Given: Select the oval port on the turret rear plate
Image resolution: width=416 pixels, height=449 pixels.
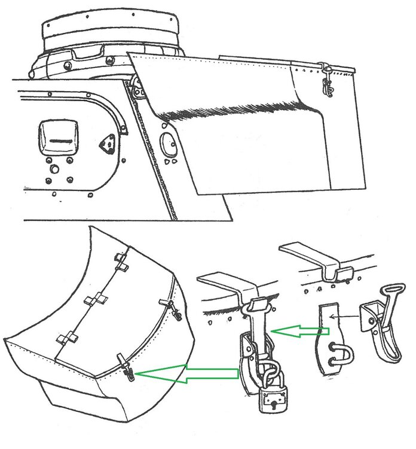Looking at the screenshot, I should point(167,144).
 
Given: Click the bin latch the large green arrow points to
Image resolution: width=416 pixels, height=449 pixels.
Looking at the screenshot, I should point(128,372).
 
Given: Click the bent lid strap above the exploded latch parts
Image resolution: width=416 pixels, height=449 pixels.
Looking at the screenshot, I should point(317,257).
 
